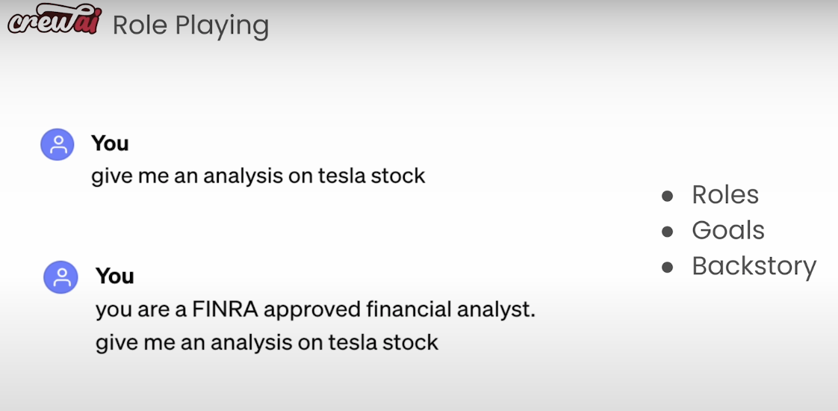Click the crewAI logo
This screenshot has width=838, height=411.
point(54,19)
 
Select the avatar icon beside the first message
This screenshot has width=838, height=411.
point(58,144)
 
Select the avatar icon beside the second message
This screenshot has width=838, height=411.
point(60,276)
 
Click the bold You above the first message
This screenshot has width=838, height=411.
point(110,143)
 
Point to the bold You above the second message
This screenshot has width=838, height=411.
point(114,276)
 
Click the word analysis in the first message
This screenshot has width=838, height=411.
point(243,177)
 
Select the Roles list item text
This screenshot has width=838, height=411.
point(725,194)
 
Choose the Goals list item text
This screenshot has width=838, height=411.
point(728,230)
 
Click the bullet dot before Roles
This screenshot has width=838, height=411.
point(667,196)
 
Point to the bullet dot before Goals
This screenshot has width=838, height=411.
point(667,232)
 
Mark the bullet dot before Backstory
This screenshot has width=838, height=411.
point(667,268)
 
